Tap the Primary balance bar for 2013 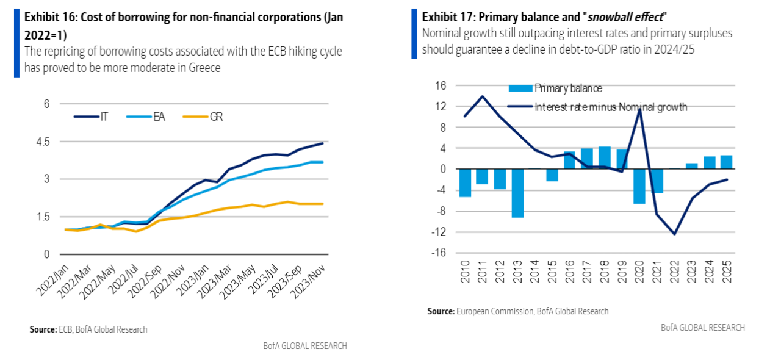(517, 193)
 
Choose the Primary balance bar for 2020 (639, 186)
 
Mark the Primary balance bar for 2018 (605, 157)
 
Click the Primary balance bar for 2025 (726, 162)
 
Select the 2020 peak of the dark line (639, 110)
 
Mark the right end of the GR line (322, 204)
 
